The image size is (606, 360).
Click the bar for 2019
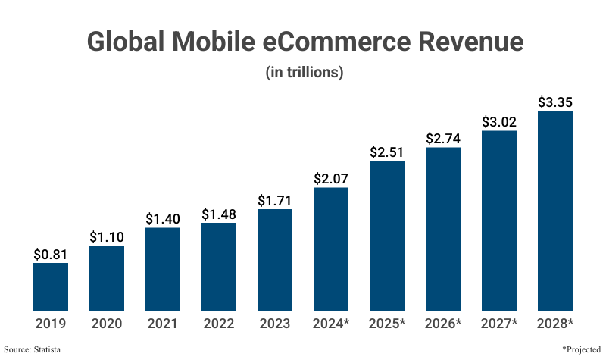point(51,286)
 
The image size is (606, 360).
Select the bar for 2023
point(275,259)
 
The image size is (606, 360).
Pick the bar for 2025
point(387,236)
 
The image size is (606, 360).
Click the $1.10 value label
point(107,236)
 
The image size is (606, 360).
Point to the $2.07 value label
point(331,179)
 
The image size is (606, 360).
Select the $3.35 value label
point(555,102)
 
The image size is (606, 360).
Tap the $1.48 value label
point(219,214)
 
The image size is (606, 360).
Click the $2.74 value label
point(443,139)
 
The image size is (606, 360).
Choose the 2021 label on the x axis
point(163,324)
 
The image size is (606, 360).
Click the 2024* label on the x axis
point(331,324)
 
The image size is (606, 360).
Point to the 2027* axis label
point(499,324)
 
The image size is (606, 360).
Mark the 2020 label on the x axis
point(107,324)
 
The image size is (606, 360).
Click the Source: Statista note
point(32,349)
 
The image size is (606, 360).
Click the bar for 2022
point(219,266)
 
